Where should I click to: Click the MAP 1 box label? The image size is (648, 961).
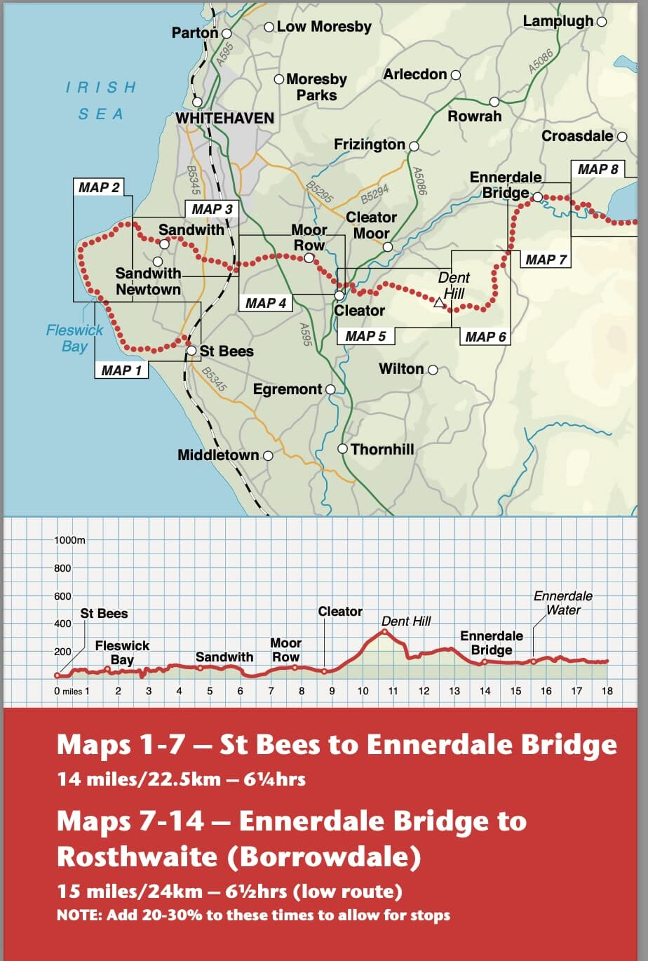[121, 370]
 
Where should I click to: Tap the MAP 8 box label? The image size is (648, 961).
[598, 169]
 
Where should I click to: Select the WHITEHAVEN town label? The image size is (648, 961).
[224, 118]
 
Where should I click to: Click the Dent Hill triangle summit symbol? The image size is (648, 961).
[440, 302]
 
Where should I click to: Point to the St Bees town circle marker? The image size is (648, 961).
[191, 351]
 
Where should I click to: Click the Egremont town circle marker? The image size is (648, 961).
[330, 389]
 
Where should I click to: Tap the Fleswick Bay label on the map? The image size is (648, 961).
[74, 338]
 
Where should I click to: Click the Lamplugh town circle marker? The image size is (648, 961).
[601, 22]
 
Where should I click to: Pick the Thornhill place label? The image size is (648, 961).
[382, 449]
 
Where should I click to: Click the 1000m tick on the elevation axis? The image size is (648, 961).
[69, 540]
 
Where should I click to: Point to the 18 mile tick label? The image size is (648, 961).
[607, 691]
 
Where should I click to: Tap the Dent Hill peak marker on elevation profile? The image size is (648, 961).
[384, 632]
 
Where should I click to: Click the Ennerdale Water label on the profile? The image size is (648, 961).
[563, 603]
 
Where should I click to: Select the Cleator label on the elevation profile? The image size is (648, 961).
[340, 612]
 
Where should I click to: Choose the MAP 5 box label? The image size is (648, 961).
[365, 337]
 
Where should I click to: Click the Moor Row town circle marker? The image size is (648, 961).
[309, 258]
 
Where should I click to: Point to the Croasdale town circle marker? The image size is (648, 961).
[621, 136]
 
